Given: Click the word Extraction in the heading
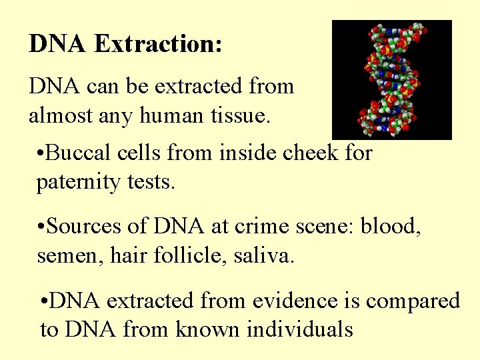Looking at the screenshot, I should pos(158,44).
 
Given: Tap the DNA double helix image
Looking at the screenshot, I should pos(391,79).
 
